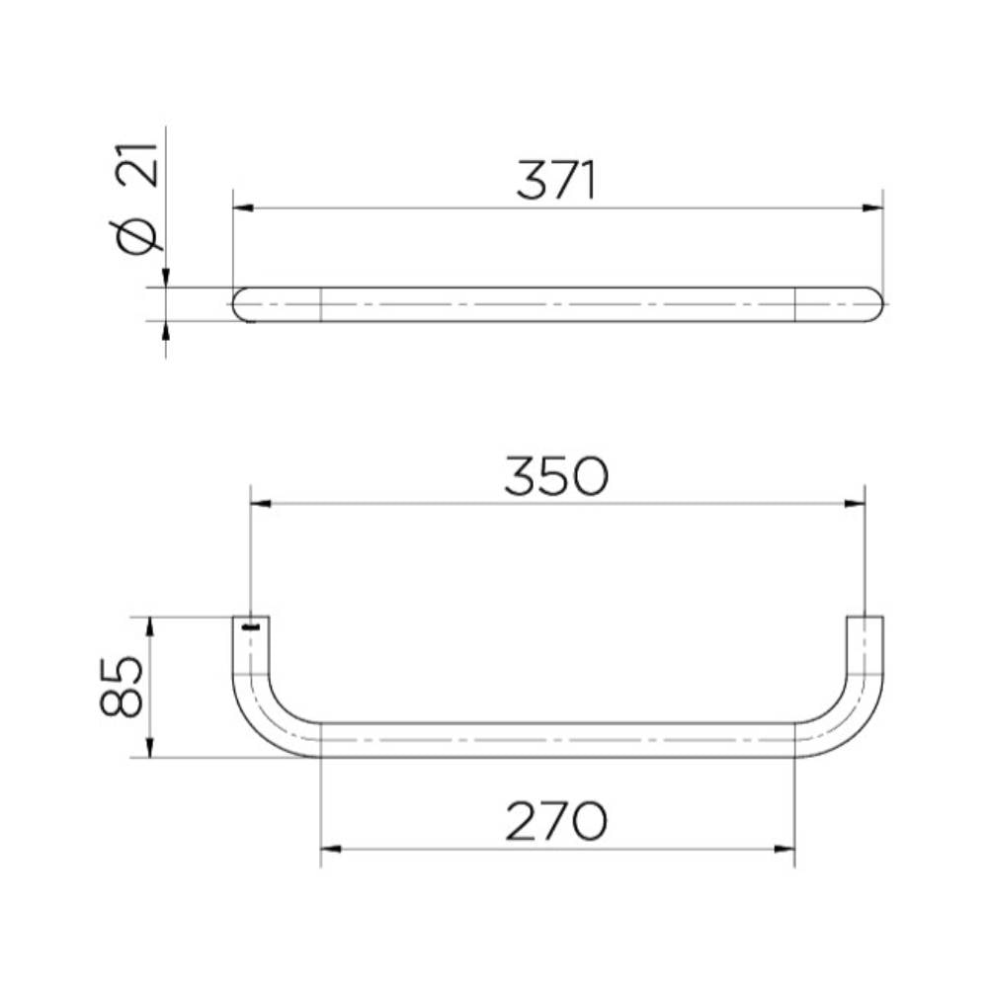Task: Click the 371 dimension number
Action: click(555, 180)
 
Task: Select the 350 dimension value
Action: click(556, 476)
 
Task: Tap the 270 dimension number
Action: click(556, 821)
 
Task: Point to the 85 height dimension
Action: click(121, 687)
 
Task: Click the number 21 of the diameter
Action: click(137, 165)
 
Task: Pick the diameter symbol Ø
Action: click(137, 236)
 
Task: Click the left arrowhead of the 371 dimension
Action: click(243, 207)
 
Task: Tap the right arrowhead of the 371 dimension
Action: click(872, 207)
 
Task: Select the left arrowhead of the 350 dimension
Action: click(261, 504)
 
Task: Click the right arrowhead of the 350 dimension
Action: click(855, 504)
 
